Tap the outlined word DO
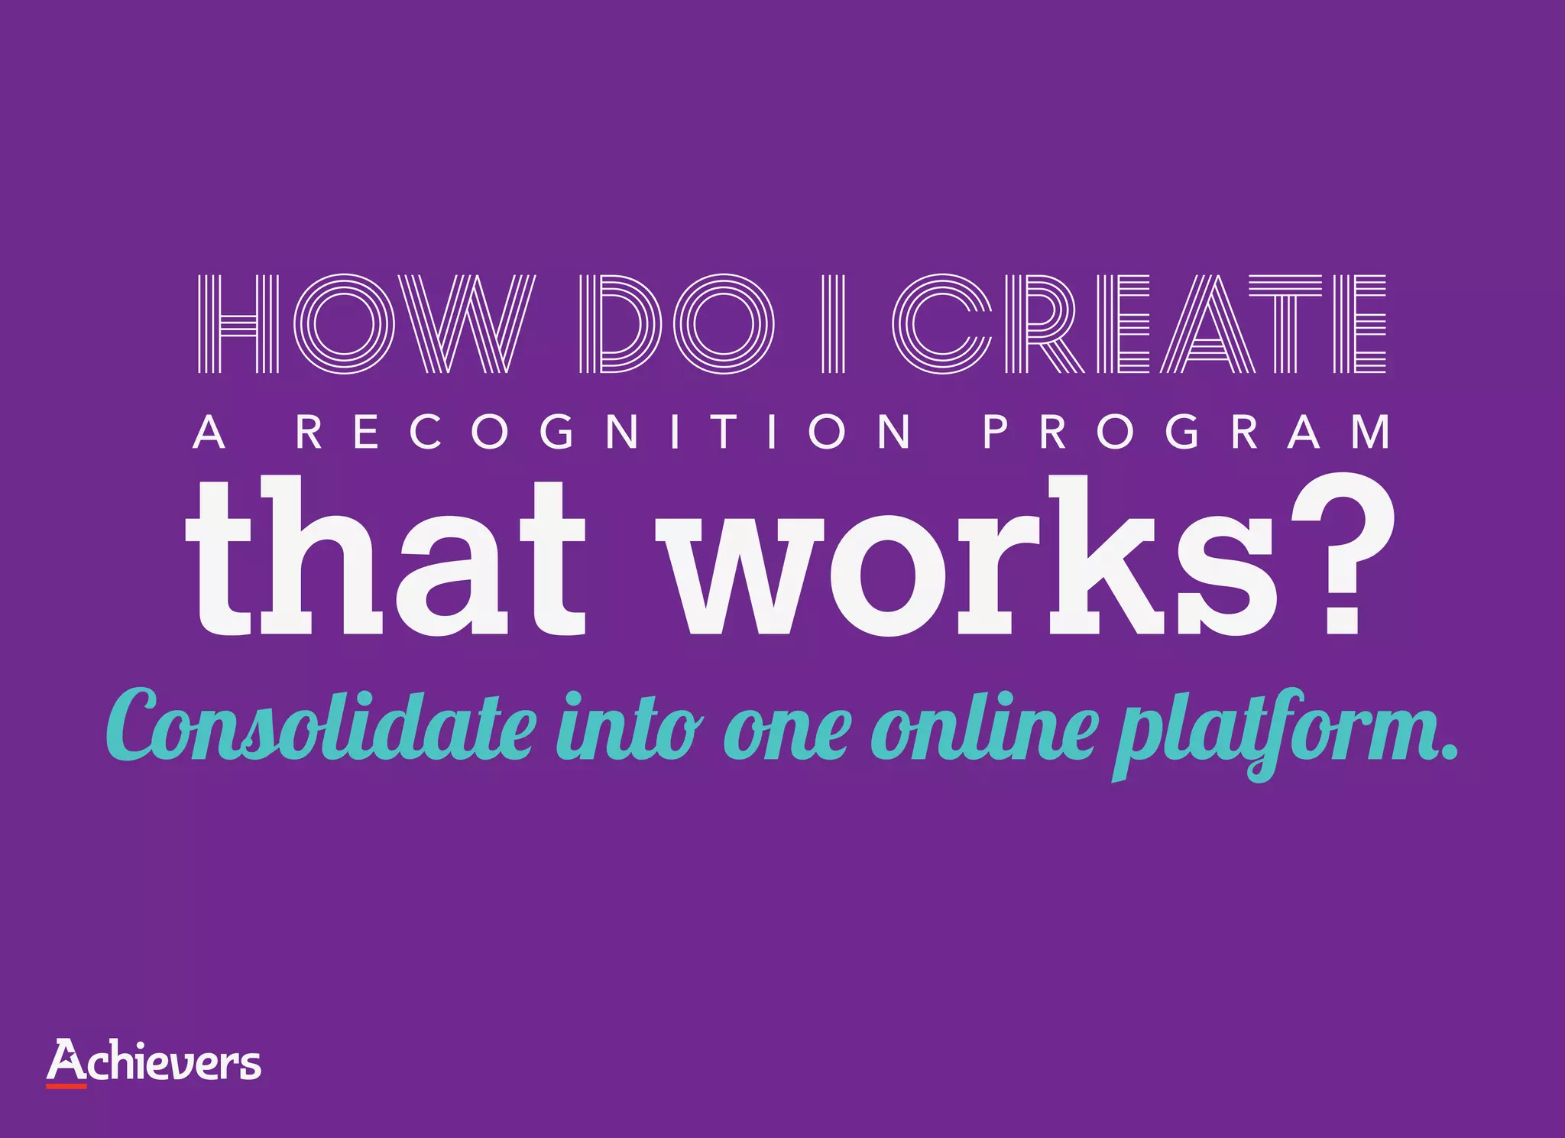tap(676, 323)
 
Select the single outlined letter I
tap(834, 323)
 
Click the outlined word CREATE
tap(1139, 323)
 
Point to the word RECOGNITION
tap(604, 432)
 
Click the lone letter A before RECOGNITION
tap(209, 432)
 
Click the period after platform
tap(1446, 753)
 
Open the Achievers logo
tap(154, 1062)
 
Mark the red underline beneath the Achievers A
tap(66, 1085)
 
